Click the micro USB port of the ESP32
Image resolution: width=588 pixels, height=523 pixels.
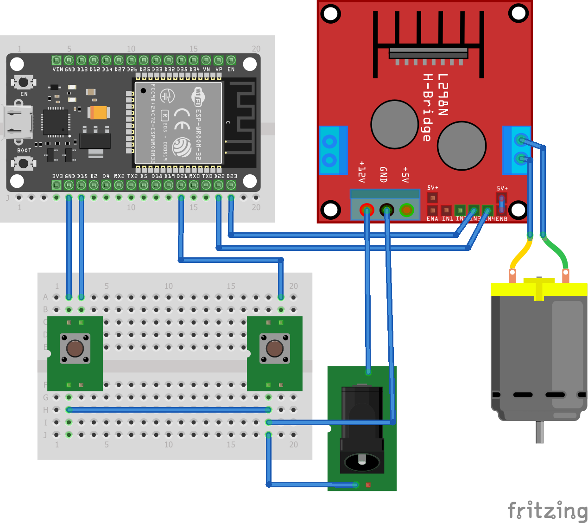click(18, 122)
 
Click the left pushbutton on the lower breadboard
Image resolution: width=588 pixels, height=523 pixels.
click(75, 348)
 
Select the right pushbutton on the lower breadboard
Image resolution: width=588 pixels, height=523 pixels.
click(274, 348)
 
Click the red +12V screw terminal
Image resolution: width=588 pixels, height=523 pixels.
click(367, 210)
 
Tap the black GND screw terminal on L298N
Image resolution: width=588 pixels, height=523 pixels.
click(386, 210)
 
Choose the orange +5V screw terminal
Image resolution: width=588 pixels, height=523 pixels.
click(406, 210)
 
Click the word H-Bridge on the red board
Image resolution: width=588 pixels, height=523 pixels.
click(427, 108)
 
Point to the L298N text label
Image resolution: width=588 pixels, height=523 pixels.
click(443, 95)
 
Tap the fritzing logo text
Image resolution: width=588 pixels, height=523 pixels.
click(547, 510)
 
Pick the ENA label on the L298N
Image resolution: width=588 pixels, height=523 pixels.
click(432, 219)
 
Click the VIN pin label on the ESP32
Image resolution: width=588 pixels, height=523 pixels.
click(57, 70)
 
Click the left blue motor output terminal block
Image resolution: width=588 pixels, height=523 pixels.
click(330, 150)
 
